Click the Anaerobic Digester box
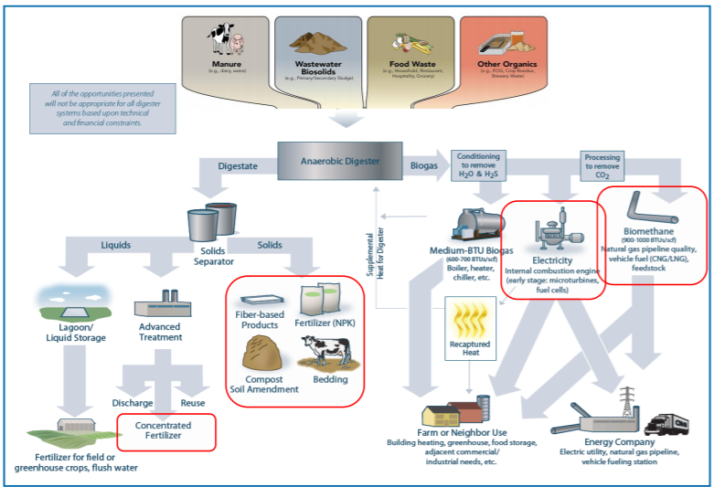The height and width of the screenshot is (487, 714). (x=341, y=162)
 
